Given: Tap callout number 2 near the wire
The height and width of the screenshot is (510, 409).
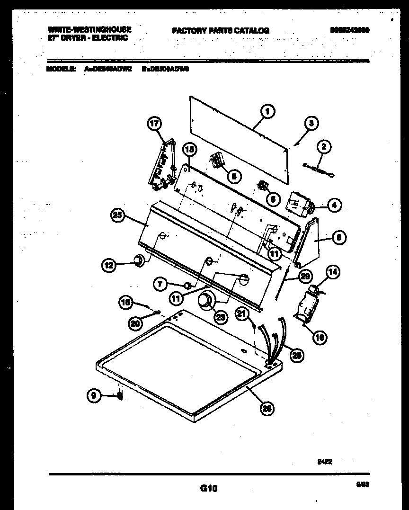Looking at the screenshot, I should point(324,147).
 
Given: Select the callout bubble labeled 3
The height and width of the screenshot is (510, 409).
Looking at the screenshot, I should point(311,123).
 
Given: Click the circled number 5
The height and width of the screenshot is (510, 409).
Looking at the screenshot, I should point(272,199).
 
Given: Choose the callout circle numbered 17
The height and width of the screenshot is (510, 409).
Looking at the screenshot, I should point(155,124).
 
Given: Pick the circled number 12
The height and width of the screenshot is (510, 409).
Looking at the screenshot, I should point(109,266).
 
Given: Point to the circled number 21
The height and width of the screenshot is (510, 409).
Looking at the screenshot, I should point(242,313).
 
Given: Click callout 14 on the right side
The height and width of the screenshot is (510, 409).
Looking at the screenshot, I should point(333,272).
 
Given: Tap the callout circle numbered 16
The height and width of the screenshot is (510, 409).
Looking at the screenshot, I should point(320,337).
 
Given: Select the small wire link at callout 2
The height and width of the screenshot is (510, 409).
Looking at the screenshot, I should point(319,169).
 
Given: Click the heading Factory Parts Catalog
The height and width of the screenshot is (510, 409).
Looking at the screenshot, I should point(221,30).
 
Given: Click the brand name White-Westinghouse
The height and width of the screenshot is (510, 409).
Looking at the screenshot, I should point(89,29).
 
